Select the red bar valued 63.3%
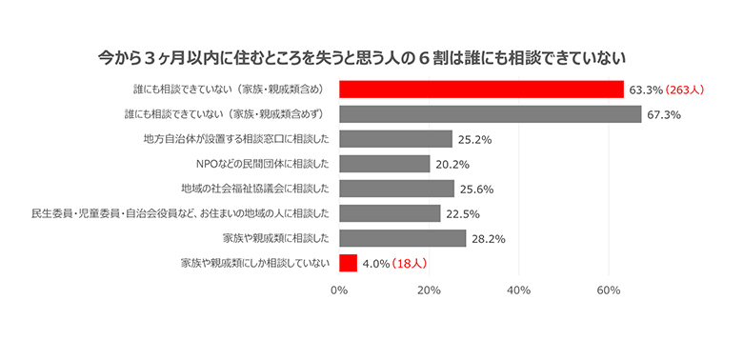[481, 90]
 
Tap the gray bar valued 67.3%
[490, 114]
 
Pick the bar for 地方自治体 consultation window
[395, 139]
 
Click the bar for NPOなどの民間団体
[384, 164]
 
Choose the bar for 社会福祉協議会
[396, 189]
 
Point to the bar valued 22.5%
[390, 213]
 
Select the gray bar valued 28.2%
[402, 238]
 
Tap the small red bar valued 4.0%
[348, 263]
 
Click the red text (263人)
[685, 90]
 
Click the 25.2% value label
[476, 140]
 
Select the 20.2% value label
[453, 165]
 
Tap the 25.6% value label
[478, 190]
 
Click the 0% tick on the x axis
[339, 290]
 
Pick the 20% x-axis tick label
[430, 290]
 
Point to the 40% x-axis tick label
[519, 290]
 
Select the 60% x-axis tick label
[610, 290]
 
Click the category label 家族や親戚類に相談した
[276, 238]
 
